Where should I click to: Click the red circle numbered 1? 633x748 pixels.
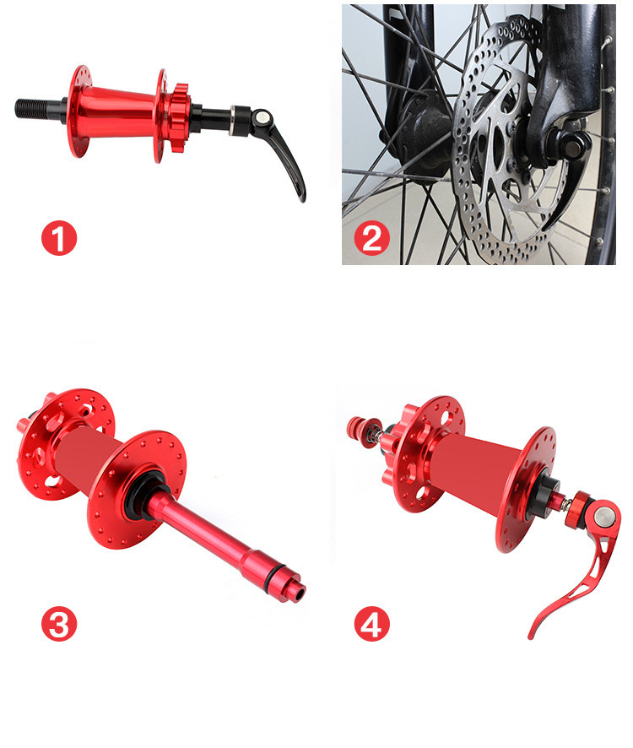(x=59, y=237)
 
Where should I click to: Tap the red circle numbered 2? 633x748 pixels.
(x=371, y=239)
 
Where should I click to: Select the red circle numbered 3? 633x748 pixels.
(x=59, y=624)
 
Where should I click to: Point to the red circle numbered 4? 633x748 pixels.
(x=371, y=624)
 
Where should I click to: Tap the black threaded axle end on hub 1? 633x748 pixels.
(x=38, y=108)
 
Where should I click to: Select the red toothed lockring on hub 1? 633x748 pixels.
(x=180, y=118)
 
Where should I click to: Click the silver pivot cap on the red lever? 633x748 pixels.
(x=602, y=514)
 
